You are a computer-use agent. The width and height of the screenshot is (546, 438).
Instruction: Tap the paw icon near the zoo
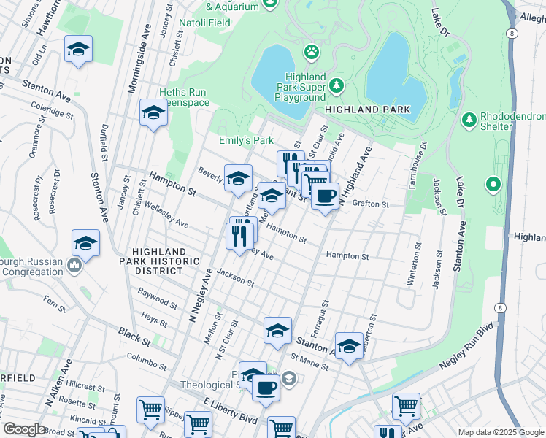click(x=312, y=52)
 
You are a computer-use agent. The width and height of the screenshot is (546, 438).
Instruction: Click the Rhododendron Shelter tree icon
click(x=467, y=117)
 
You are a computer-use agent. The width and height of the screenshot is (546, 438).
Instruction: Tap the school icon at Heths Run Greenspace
click(x=153, y=112)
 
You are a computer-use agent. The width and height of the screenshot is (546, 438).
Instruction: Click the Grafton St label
click(x=369, y=204)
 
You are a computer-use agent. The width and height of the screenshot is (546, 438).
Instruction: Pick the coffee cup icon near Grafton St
click(x=325, y=195)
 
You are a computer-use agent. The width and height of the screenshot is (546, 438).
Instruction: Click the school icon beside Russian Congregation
click(x=85, y=244)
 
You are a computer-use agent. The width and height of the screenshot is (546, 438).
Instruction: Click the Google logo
click(x=23, y=429)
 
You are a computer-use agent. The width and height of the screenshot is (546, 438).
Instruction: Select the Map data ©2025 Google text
click(x=500, y=432)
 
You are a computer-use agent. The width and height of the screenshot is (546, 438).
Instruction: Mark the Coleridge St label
click(x=53, y=110)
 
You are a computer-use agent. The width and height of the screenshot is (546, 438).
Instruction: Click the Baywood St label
click(x=158, y=297)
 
